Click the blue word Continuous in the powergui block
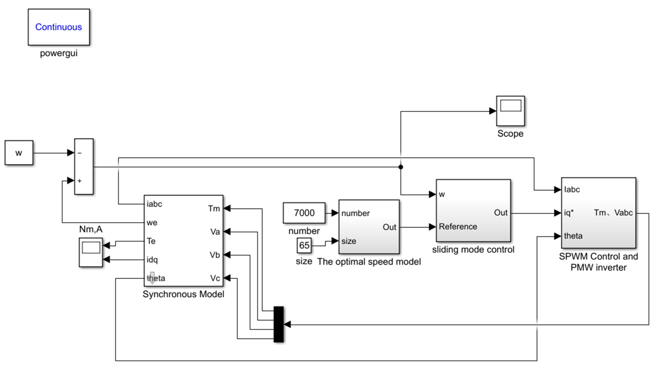[x=59, y=27]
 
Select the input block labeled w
[x=19, y=153]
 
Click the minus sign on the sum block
[x=80, y=153]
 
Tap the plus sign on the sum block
[x=80, y=181]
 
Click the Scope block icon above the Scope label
[x=510, y=111]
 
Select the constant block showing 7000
[x=304, y=213]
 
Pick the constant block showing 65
[x=304, y=245]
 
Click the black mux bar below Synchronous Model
[x=279, y=324]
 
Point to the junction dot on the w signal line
[x=401, y=167]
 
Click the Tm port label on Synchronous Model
[x=214, y=209]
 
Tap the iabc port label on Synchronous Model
[x=154, y=204]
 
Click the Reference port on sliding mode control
[x=458, y=226]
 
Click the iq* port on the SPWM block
[x=569, y=212]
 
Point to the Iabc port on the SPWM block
[x=572, y=190]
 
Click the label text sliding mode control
[x=473, y=249]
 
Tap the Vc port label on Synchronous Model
[x=215, y=278]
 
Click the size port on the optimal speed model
[x=348, y=241]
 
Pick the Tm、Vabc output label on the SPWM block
[x=613, y=212]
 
